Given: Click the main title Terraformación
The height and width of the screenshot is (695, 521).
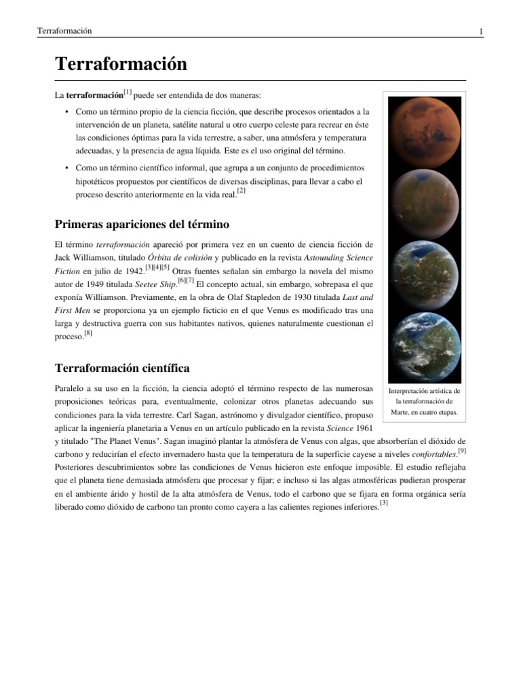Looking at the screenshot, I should pos(120,64).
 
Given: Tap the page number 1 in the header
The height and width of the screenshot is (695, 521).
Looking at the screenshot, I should pos(480,32).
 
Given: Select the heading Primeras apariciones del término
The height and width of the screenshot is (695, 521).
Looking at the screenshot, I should pos(141,225).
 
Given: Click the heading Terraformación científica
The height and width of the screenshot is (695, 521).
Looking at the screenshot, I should pos(121,368).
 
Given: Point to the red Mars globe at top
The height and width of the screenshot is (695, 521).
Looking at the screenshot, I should pos(425,132).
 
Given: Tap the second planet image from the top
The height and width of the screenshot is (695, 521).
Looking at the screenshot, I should pos(425,202).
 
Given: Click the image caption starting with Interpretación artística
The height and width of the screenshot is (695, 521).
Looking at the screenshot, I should pos(425,401).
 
